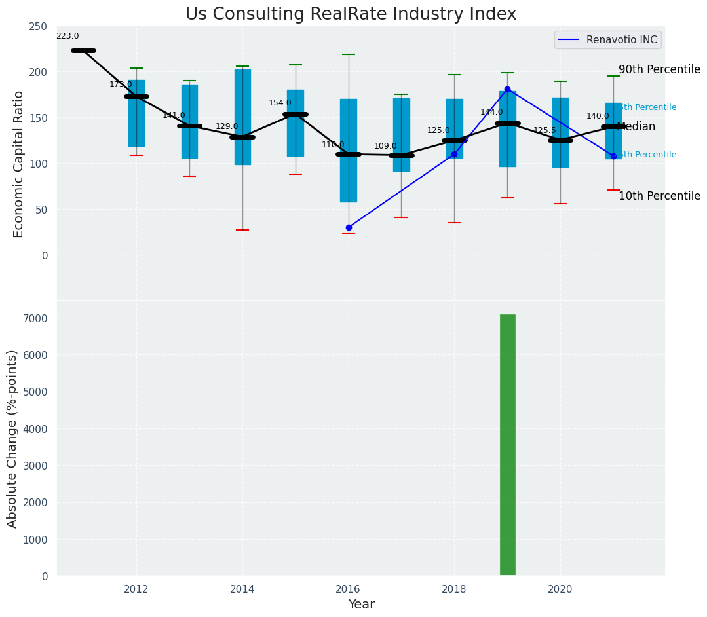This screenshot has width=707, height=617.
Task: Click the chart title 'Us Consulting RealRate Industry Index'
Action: pos(351,14)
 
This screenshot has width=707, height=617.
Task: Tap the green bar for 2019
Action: pos(507,445)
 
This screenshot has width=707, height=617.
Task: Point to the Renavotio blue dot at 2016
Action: pos(349,227)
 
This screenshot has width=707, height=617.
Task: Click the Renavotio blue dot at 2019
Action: pos(507,89)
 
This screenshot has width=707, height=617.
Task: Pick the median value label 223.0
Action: pos(67,37)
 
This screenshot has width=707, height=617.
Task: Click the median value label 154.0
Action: pos(280,103)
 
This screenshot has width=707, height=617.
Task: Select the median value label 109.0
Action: pos(385,147)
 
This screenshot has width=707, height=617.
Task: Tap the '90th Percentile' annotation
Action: pos(659,70)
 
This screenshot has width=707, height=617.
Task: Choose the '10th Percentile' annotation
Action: pos(659,196)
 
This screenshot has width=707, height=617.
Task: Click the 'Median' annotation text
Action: pos(636,127)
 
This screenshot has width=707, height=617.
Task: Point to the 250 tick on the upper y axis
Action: pos(38,26)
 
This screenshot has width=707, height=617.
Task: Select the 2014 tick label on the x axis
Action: pos(242,589)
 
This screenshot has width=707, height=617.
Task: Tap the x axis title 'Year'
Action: pos(361,605)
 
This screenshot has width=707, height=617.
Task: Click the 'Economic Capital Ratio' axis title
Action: pos(19,164)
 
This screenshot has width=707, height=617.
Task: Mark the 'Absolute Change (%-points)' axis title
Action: pos(12,438)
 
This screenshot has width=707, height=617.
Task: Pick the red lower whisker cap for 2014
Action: pos(242,230)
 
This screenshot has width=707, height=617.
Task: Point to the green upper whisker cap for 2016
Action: pos(349,54)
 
